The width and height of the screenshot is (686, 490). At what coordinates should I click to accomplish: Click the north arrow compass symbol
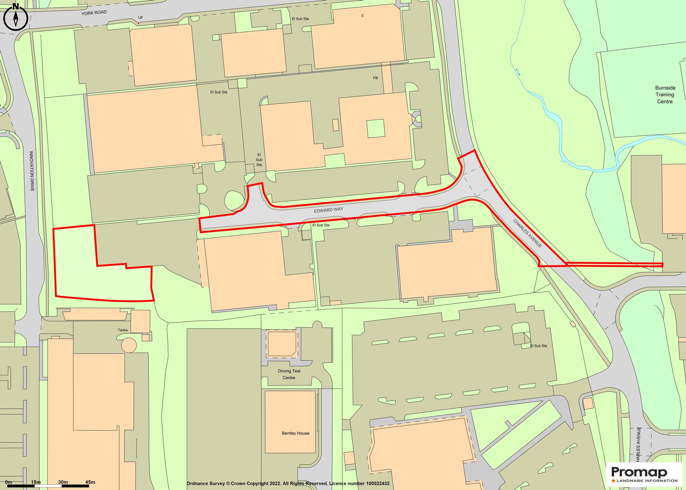[x=16, y=17]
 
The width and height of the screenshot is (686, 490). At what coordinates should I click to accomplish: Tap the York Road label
[x=94, y=13]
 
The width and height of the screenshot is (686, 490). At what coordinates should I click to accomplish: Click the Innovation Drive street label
[x=32, y=171]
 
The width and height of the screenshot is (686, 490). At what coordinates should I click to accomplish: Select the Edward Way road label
[x=328, y=210]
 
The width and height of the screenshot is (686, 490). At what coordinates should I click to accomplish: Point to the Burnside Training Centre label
[x=665, y=95]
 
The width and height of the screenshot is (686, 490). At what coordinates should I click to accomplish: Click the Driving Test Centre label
[x=289, y=374]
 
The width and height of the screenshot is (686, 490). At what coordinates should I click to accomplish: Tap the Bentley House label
[x=296, y=433]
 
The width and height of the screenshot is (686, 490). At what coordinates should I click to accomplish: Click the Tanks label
[x=122, y=330]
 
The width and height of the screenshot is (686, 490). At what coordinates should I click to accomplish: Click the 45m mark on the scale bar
[x=90, y=482]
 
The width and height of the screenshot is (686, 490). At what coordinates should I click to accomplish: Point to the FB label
[x=375, y=78]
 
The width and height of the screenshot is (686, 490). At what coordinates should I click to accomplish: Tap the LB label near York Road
[x=140, y=17]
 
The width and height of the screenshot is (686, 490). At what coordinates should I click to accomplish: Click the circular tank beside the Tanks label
[x=129, y=345]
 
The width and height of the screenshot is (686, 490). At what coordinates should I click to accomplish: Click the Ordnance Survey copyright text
[x=288, y=483]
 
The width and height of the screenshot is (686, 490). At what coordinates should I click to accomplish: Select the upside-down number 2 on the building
[x=362, y=15]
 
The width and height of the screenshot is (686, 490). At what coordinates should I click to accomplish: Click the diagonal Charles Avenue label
[x=528, y=234]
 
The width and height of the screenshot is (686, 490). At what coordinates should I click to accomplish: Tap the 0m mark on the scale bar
[x=9, y=482]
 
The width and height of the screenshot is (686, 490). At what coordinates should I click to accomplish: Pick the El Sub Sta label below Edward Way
[x=321, y=225]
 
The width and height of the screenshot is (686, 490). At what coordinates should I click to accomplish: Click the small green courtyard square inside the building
[x=376, y=129]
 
